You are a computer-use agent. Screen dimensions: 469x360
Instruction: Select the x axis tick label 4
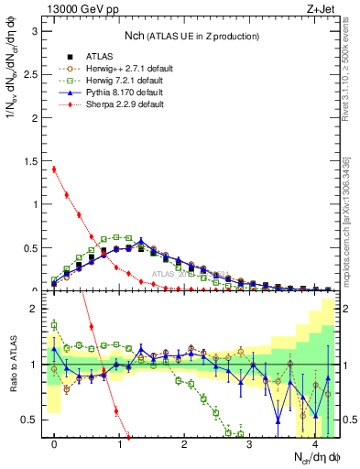point(315,445)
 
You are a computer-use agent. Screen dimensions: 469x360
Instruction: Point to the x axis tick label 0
point(54,445)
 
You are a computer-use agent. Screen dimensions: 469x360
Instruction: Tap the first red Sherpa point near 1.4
point(54,169)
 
